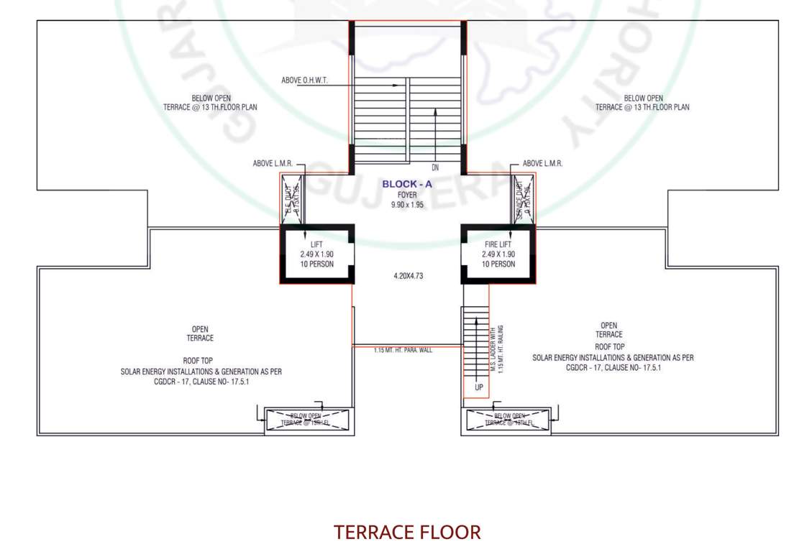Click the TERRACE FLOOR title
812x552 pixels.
pos(407,533)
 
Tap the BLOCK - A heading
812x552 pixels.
pos(407,184)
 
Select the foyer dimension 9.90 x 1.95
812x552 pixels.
pos(407,205)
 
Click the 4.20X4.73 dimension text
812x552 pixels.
pos(407,275)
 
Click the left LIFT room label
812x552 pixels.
pos(316,245)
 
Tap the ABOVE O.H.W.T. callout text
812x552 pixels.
pos(304,80)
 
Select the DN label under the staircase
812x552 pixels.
pos(435,168)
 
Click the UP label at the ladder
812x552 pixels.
pos(479,387)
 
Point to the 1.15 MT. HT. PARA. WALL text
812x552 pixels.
pos(403,351)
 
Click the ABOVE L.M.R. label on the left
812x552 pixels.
pos(273,164)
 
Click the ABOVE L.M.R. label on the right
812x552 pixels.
pos(542,164)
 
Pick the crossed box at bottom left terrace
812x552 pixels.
pos(307,420)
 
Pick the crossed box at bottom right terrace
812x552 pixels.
pos(508,420)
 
